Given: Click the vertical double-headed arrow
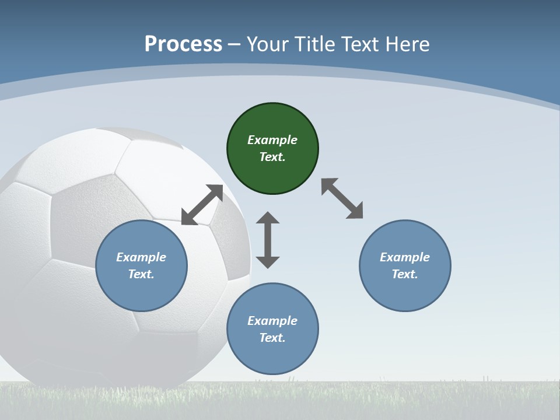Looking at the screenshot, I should click(268, 240).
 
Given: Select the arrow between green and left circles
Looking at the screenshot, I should click(202, 204).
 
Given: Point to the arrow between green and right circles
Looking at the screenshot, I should click(342, 198).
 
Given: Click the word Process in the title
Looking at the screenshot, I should click(183, 44).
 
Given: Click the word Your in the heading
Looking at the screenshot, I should click(267, 44).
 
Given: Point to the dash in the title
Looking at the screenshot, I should click(235, 44).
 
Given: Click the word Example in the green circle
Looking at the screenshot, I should click(272, 140).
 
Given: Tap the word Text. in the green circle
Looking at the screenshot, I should click(272, 157).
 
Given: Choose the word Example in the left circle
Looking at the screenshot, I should click(141, 257).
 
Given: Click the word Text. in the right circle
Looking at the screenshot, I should click(405, 274).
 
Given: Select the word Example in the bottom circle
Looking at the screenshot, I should click(272, 321).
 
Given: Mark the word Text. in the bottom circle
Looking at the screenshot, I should click(272, 338).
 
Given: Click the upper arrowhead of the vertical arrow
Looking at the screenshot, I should click(268, 218).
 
